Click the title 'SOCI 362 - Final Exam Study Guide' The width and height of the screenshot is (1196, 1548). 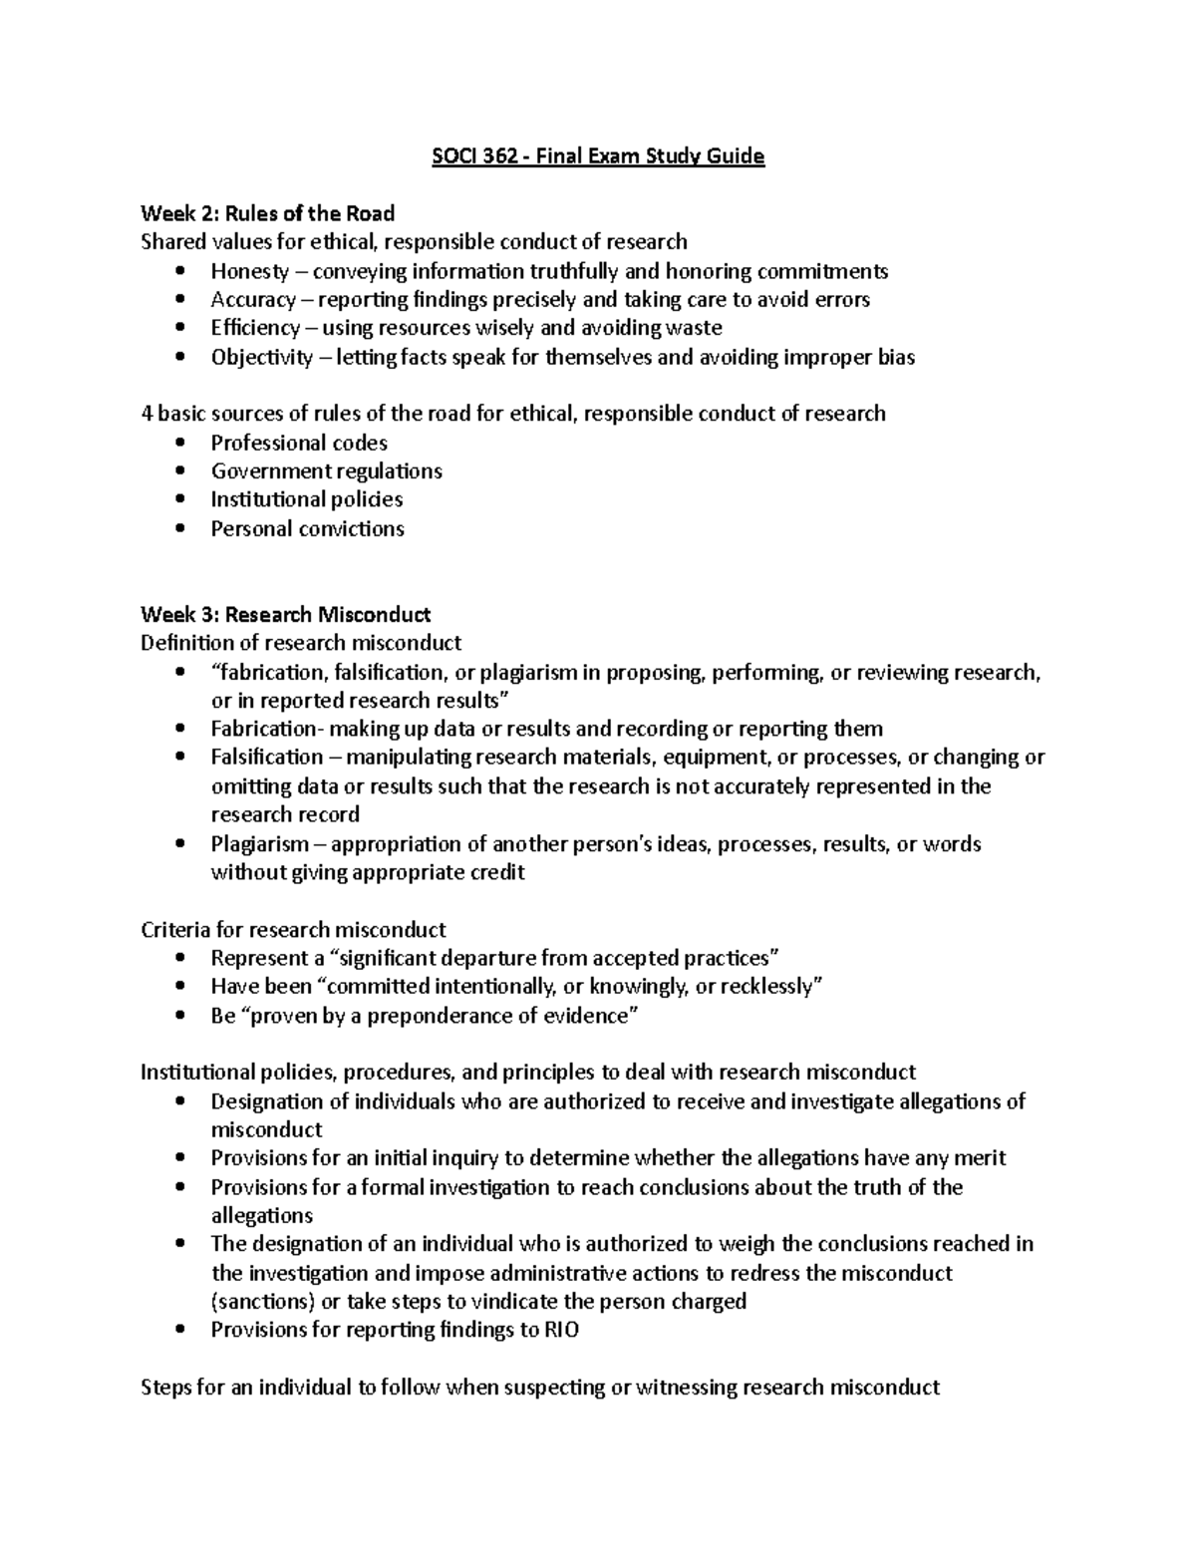[598, 156]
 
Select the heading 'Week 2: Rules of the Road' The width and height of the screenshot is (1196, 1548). [267, 213]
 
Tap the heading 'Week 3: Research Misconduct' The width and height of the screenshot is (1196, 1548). [285, 614]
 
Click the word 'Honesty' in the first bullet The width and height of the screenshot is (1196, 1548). [249, 271]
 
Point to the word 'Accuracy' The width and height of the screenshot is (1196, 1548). [253, 300]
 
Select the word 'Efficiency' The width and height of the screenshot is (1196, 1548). [255, 328]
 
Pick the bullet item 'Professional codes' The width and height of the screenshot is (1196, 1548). [299, 443]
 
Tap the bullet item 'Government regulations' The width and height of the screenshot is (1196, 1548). [326, 470]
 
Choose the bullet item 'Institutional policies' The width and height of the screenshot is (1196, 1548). [306, 499]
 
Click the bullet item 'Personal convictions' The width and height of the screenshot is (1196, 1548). [307, 528]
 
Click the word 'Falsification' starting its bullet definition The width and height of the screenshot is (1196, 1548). [266, 758]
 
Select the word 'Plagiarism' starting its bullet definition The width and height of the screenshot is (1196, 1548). [259, 844]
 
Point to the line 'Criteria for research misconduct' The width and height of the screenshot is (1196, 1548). [293, 930]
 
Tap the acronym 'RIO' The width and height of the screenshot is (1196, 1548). [561, 1330]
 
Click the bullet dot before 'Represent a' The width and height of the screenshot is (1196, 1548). [178, 959]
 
